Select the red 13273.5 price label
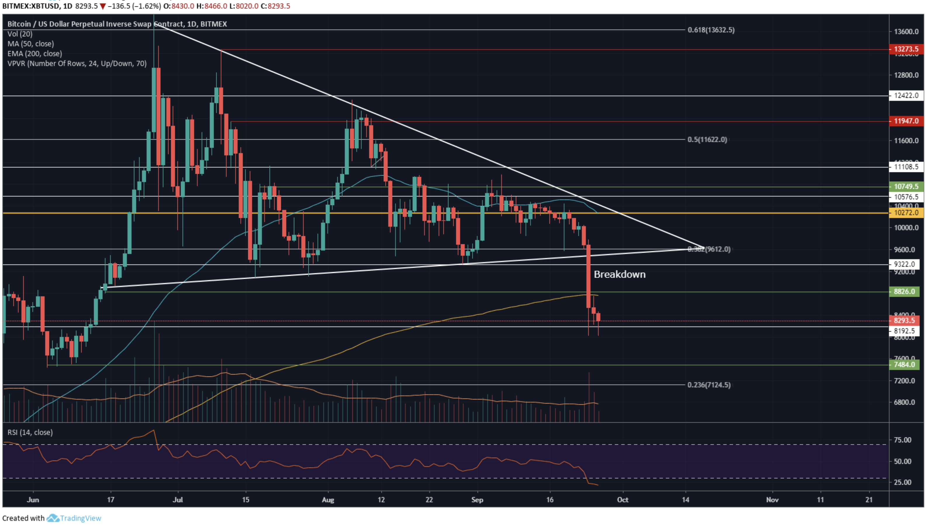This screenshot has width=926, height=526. click(x=906, y=49)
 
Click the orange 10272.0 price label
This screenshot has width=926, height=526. click(x=906, y=212)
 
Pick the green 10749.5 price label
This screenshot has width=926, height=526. click(x=906, y=186)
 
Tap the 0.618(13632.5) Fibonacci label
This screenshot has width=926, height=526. click(x=711, y=30)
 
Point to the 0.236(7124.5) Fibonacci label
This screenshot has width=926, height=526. click(x=709, y=385)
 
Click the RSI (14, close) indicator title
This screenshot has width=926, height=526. click(x=30, y=432)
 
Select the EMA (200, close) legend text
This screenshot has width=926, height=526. click(x=35, y=54)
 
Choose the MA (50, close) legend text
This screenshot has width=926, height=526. click(x=31, y=44)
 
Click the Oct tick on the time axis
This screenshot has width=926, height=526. click(x=623, y=500)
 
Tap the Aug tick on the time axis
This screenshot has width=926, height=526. click(x=328, y=500)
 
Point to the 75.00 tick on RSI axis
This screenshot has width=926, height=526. click(x=902, y=440)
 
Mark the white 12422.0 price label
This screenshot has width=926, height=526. click(x=906, y=95)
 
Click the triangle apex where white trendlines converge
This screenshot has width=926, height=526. click(x=703, y=248)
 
